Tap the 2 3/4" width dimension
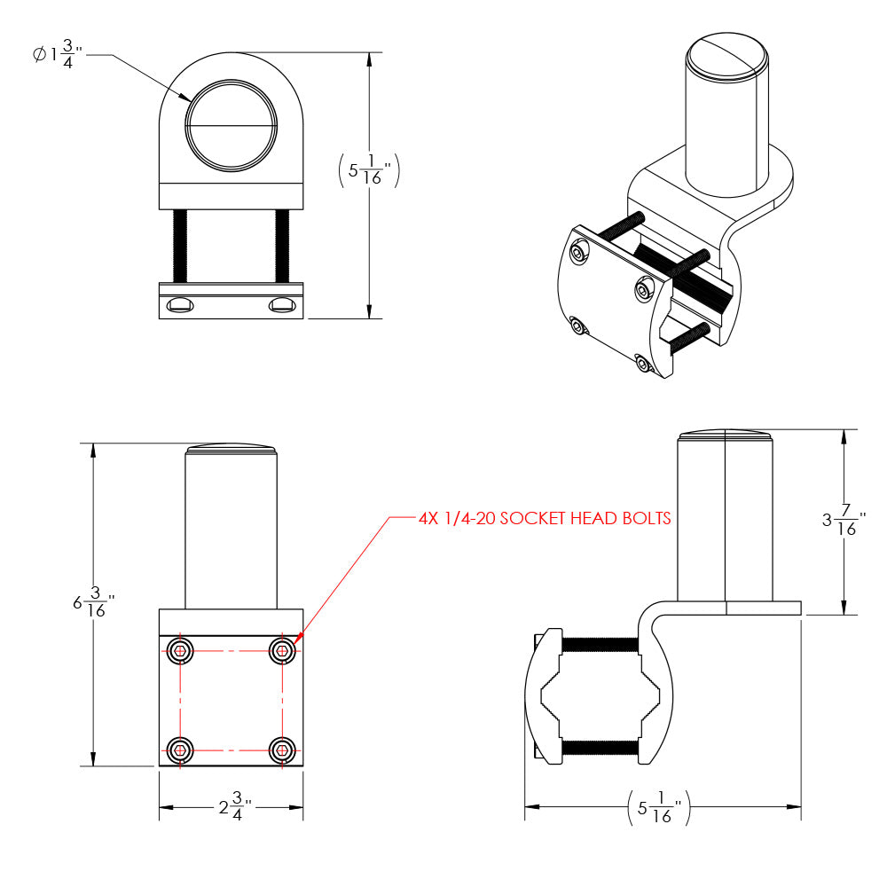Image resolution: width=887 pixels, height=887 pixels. pos(234,807)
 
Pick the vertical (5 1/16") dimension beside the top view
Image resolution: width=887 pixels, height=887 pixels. pos(369,169)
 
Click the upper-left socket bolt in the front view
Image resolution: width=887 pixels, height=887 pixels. pos(181,651)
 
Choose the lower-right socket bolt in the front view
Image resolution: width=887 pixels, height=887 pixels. pos(282,750)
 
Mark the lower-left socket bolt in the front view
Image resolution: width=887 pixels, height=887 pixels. pos(181,750)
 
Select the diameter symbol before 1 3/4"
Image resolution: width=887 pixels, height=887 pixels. pos(38,55)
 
